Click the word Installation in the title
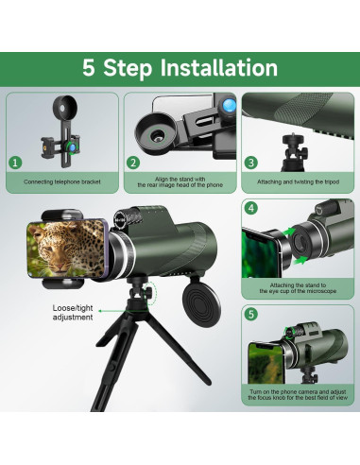click(219, 67)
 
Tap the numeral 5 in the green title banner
click(89, 67)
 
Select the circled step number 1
click(15, 163)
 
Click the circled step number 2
click(133, 163)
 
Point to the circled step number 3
click(251, 163)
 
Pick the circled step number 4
click(251, 208)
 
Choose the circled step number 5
click(251, 314)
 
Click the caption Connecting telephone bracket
click(62, 181)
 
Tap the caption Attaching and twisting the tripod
click(298, 181)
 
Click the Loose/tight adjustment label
click(73, 313)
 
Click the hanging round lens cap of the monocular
click(201, 304)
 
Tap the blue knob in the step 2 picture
click(229, 105)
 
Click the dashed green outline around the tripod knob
click(151, 294)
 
